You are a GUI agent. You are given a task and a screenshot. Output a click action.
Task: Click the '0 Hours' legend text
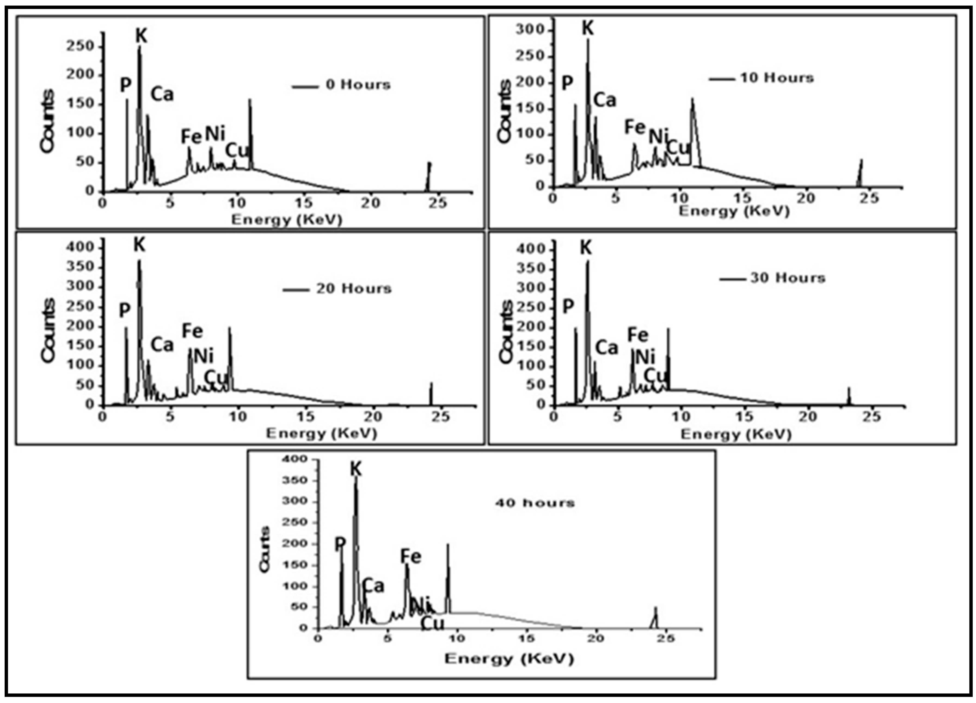[358, 85]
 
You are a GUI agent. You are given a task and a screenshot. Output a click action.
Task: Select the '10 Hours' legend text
[777, 78]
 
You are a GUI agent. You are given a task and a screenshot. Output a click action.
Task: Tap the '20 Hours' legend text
[354, 289]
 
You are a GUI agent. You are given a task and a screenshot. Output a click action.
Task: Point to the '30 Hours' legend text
[788, 278]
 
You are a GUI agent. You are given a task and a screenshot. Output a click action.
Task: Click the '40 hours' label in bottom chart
[535, 503]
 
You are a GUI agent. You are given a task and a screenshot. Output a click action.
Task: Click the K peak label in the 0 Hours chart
[142, 36]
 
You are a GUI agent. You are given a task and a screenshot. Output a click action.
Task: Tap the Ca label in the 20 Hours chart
[162, 345]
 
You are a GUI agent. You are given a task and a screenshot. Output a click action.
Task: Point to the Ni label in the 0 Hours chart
[215, 134]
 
